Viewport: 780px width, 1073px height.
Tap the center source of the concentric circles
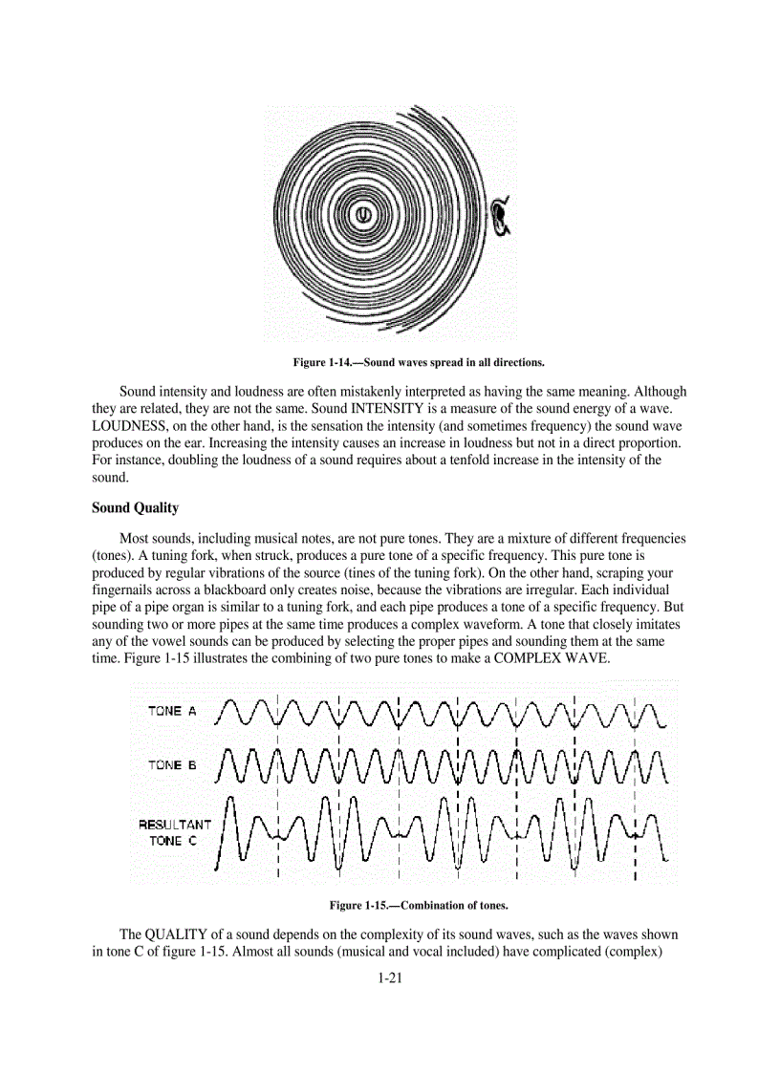coord(363,215)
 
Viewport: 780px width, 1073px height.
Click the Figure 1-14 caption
coord(419,362)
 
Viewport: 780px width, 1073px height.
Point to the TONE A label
coord(172,711)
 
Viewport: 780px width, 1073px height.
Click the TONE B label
coord(172,765)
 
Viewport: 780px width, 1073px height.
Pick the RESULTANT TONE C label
coord(174,832)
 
